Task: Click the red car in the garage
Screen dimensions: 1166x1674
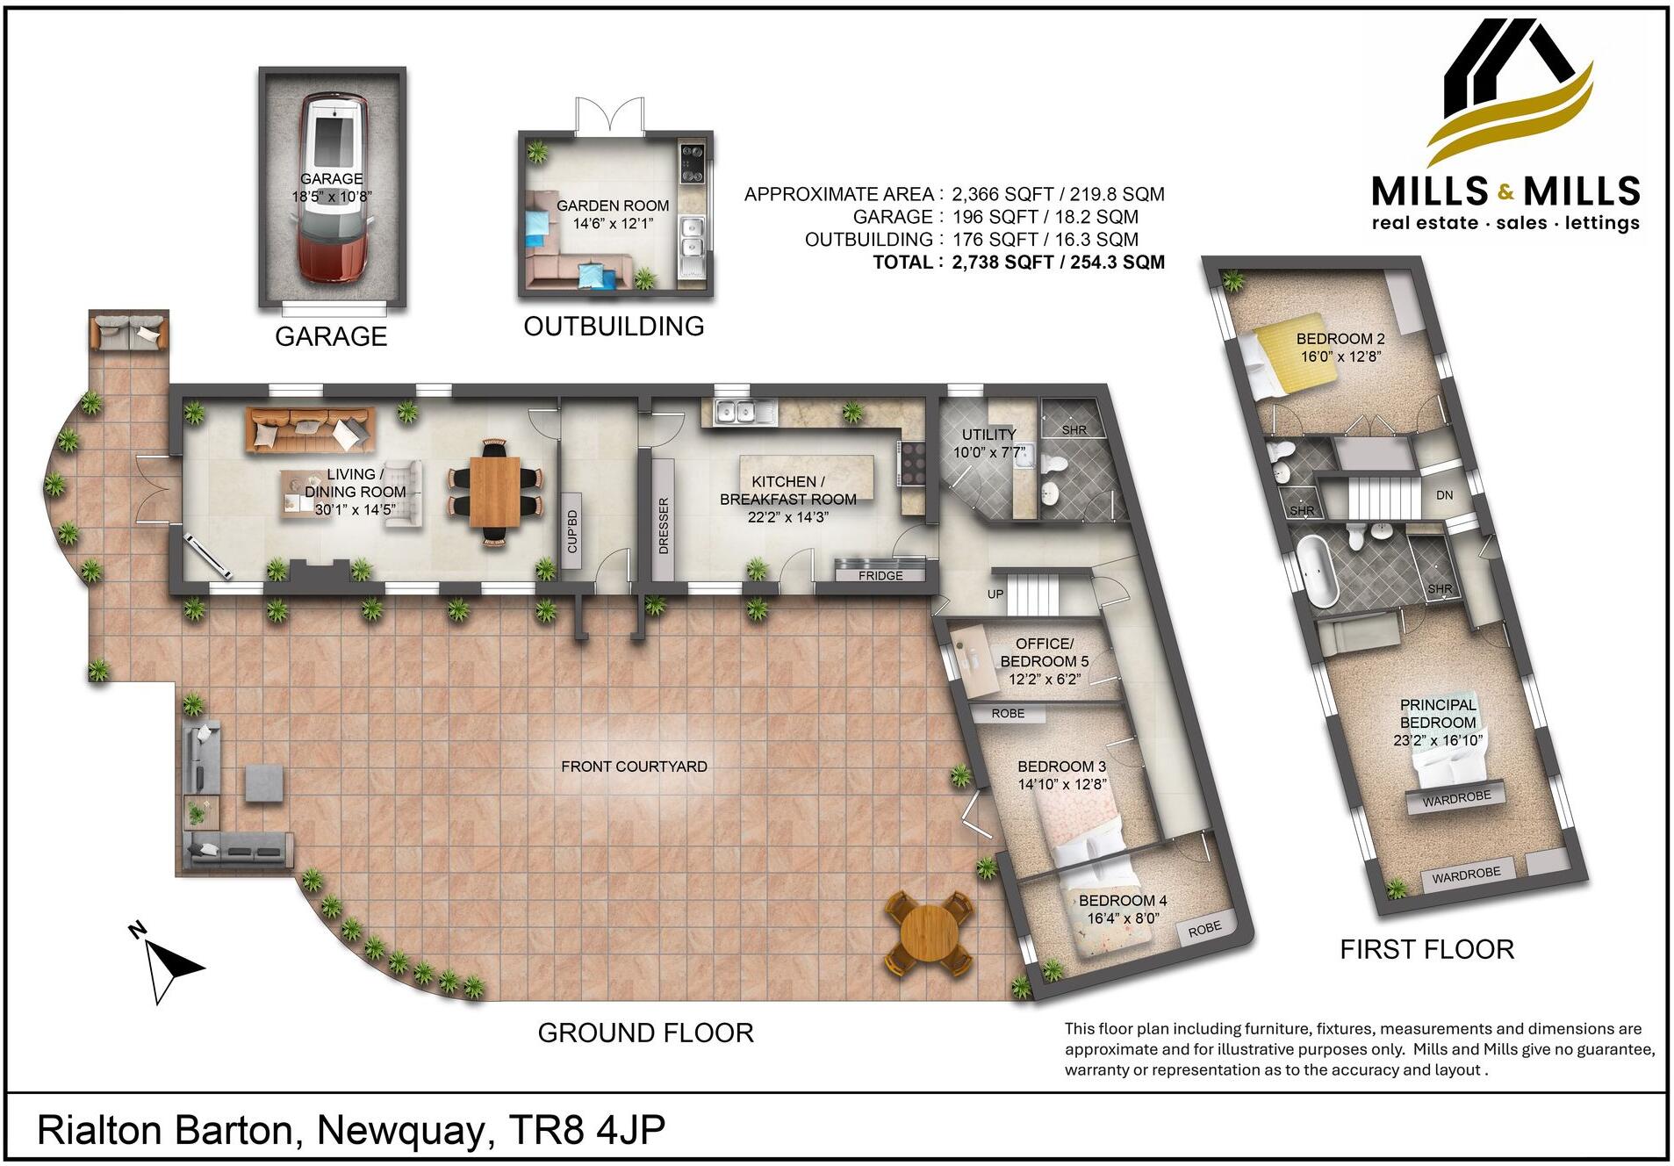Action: click(x=333, y=189)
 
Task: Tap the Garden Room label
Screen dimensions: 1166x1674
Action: click(x=612, y=213)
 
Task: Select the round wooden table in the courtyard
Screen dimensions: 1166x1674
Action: click(x=929, y=933)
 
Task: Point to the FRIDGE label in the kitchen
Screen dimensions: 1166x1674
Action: click(x=880, y=575)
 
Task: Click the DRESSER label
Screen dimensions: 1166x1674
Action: click(x=664, y=525)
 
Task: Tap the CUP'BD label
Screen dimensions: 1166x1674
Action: click(x=571, y=531)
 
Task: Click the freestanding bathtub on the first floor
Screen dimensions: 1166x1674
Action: click(x=1317, y=570)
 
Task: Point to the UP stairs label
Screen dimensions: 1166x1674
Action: click(x=995, y=594)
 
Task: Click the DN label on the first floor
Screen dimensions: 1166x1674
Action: click(x=1444, y=495)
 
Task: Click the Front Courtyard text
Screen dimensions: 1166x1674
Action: click(x=634, y=767)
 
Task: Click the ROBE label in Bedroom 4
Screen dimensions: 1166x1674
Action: click(x=1204, y=929)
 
